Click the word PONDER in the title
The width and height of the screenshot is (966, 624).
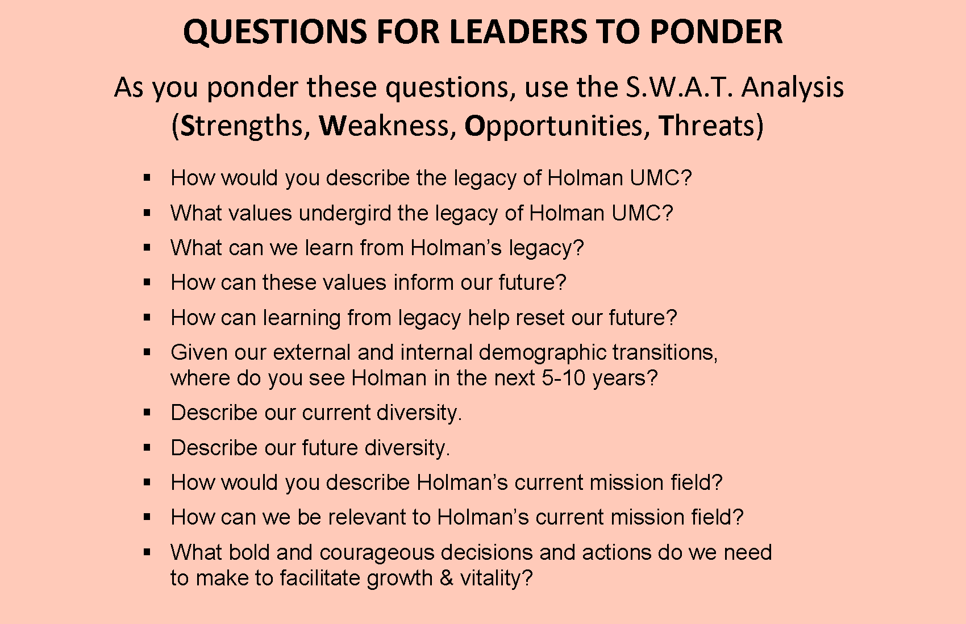point(716,32)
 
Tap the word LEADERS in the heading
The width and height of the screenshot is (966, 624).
point(518,32)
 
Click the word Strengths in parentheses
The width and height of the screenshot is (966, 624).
point(244,126)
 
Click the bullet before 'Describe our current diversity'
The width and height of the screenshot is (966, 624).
point(147,413)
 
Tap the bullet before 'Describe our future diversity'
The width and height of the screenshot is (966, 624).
point(147,448)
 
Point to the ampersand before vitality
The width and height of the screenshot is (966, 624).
point(446,578)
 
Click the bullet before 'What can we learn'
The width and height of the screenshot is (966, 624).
point(147,248)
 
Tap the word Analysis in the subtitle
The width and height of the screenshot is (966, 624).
point(792,88)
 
